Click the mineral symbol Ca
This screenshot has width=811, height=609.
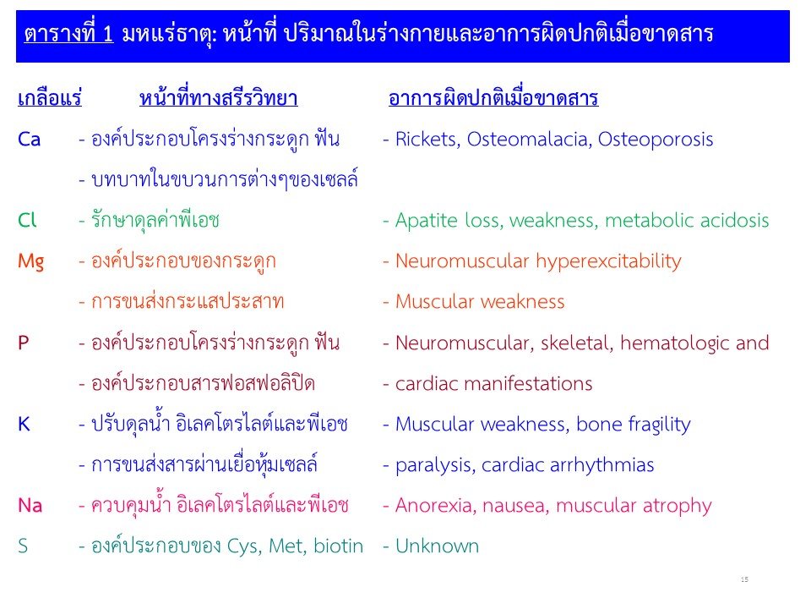[x=29, y=140]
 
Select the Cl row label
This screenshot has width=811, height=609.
[x=27, y=220]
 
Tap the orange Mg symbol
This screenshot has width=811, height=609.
[x=31, y=262]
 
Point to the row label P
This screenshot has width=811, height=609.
[x=24, y=343]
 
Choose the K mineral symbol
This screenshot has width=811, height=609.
[x=24, y=424]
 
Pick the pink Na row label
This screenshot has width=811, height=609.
[x=30, y=506]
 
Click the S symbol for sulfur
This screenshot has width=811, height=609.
[x=23, y=546]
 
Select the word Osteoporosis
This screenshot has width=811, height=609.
[x=656, y=140]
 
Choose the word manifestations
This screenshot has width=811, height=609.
[x=528, y=384]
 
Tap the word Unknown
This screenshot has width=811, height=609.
[x=437, y=546]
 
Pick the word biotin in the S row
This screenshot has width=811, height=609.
[x=338, y=546]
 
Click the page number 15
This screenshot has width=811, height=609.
[x=744, y=579]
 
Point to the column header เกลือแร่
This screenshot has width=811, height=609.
[x=50, y=98]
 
